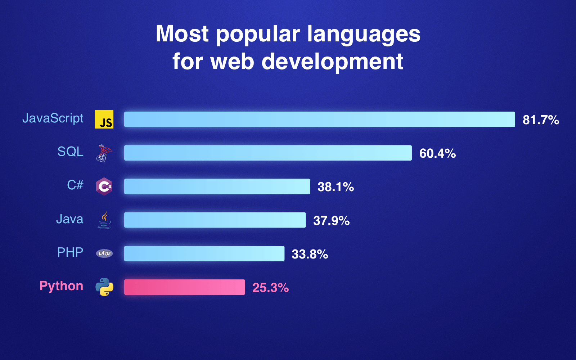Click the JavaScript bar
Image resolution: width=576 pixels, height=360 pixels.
tap(319, 119)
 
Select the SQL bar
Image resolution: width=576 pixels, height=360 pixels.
tap(268, 153)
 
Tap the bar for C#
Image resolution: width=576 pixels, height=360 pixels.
tap(217, 186)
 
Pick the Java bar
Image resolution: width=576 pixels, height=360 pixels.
tap(215, 220)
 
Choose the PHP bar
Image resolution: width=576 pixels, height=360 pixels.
tap(204, 253)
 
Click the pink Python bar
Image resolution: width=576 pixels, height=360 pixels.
tap(184, 287)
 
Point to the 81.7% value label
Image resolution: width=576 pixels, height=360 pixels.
tap(541, 120)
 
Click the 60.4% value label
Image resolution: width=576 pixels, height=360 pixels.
tap(437, 153)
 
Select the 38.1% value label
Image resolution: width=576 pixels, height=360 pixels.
tap(336, 187)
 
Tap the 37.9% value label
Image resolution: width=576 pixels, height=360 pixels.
tap(331, 220)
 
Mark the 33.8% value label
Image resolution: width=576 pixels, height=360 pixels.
tap(310, 254)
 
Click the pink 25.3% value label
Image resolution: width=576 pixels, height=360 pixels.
tap(270, 288)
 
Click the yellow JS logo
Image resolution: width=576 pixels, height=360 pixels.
tap(104, 119)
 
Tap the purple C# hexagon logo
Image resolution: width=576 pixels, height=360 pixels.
tap(104, 186)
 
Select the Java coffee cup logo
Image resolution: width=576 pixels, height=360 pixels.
tap(104, 220)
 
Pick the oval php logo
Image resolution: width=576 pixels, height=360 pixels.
tap(104, 253)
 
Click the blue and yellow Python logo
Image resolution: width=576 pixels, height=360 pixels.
tap(104, 287)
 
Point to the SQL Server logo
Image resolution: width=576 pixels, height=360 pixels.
tap(104, 153)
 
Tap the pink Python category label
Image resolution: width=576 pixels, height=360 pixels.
tap(61, 286)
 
